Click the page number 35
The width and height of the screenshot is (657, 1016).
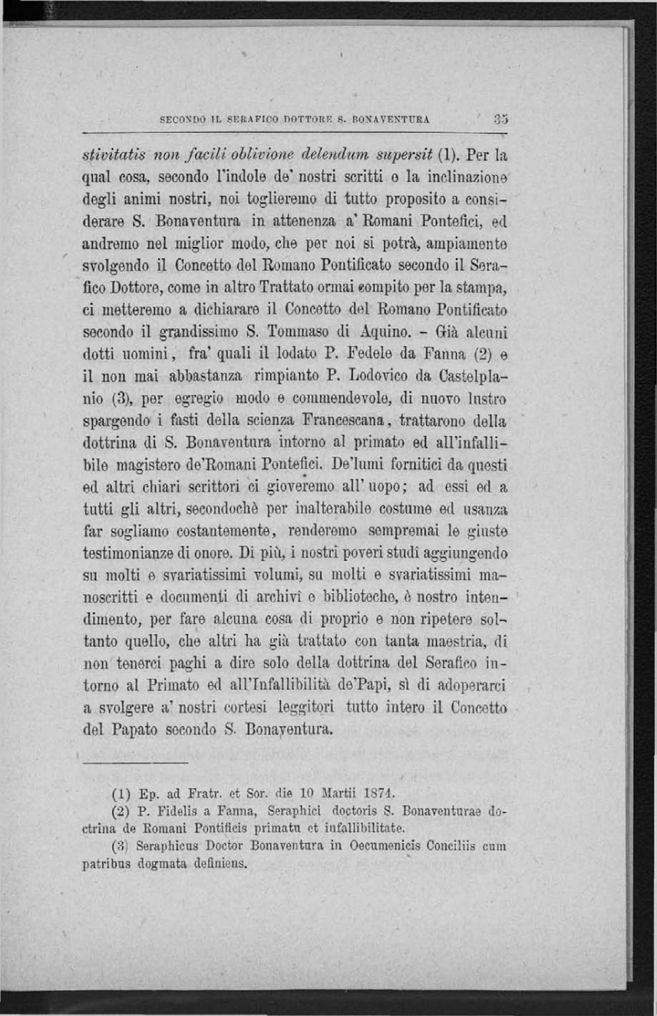[502, 119]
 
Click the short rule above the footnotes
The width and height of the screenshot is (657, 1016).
[135, 763]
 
